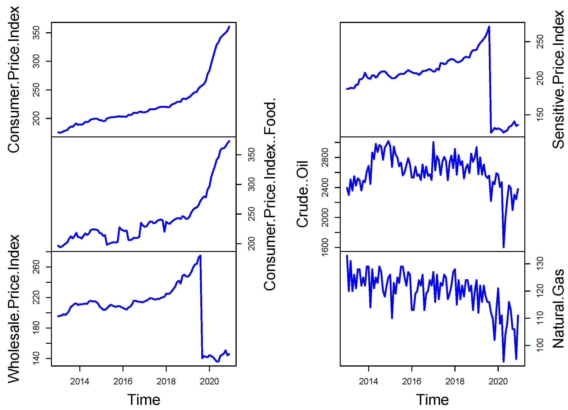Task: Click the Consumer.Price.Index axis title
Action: pyautogui.click(x=14, y=79)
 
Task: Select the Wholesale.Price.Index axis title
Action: pyautogui.click(x=14, y=309)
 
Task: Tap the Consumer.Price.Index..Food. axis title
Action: pyautogui.click(x=270, y=194)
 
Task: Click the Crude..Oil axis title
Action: pyautogui.click(x=302, y=194)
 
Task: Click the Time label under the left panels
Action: pyautogui.click(x=144, y=400)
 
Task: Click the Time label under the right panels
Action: pyautogui.click(x=433, y=400)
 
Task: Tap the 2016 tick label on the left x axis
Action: pyautogui.click(x=123, y=381)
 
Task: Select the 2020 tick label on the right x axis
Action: pyautogui.click(x=498, y=381)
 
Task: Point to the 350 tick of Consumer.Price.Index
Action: pyautogui.click(x=37, y=33)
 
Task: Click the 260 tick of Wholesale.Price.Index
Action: pyautogui.click(x=37, y=267)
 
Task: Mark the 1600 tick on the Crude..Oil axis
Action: pyautogui.click(x=325, y=248)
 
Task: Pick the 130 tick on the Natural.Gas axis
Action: pyautogui.click(x=540, y=263)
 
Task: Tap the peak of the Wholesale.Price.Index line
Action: pyautogui.click(x=200, y=256)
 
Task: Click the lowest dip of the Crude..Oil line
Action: pyautogui.click(x=504, y=247)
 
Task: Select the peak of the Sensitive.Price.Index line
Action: pyautogui.click(x=489, y=27)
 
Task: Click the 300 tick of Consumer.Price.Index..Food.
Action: pyautogui.click(x=251, y=185)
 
